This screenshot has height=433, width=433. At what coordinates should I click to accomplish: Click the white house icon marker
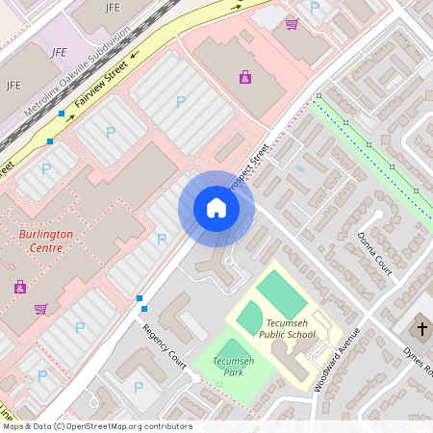pyautogui.click(x=216, y=208)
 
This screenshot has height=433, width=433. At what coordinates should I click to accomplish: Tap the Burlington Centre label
pyautogui.click(x=46, y=241)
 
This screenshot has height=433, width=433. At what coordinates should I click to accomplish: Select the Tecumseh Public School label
pyautogui.click(x=287, y=328)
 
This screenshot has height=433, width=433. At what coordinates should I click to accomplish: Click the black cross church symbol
pyautogui.click(x=421, y=329)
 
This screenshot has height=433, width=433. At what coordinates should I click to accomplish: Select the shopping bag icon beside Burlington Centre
pyautogui.click(x=19, y=287)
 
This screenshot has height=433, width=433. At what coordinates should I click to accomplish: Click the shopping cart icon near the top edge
pyautogui.click(x=292, y=23)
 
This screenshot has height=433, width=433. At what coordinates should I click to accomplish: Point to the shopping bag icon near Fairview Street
pyautogui.click(x=245, y=76)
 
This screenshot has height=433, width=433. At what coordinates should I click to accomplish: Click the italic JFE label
pyautogui.click(x=60, y=52)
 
